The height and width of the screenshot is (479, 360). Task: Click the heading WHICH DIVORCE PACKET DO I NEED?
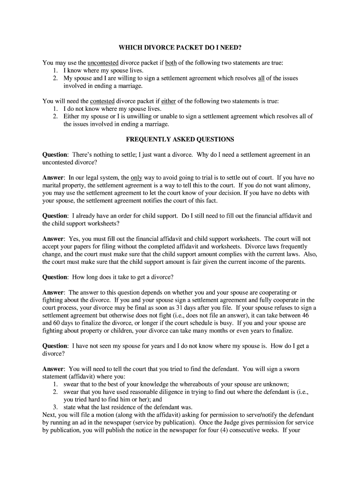(180, 48)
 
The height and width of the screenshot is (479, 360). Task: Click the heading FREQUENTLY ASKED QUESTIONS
(180, 139)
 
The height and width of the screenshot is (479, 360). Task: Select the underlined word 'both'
(171, 62)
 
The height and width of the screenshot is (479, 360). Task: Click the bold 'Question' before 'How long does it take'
(55, 277)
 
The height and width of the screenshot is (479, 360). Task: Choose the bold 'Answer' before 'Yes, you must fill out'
(53, 239)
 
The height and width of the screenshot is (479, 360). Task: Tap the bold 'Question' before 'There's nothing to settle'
(55, 154)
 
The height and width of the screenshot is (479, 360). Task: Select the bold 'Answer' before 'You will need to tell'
(53, 369)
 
